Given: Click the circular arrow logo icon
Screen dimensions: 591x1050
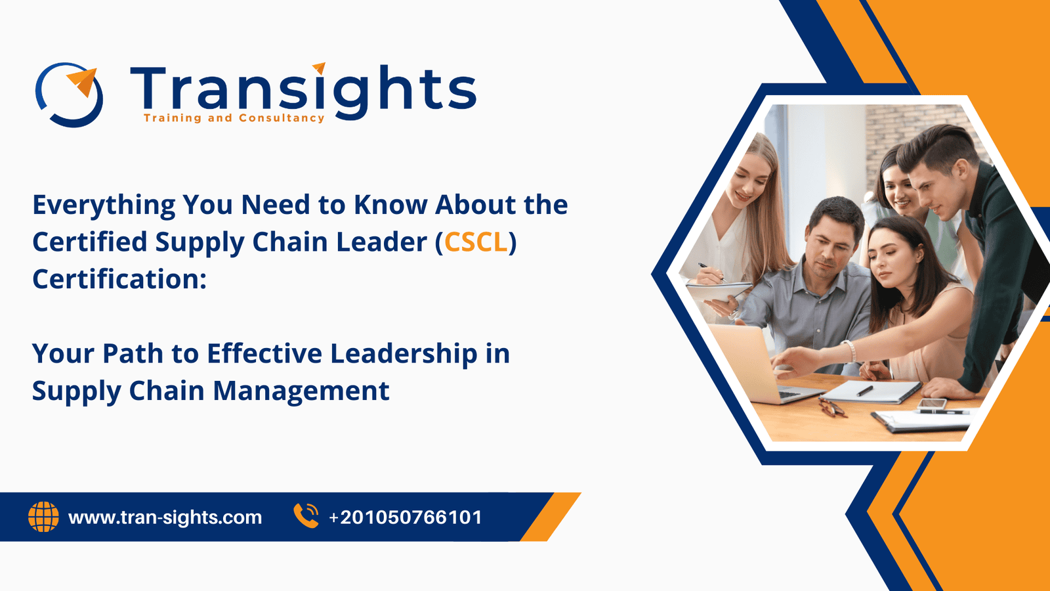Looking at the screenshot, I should [x=70, y=95].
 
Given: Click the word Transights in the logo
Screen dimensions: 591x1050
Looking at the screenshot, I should [x=303, y=91].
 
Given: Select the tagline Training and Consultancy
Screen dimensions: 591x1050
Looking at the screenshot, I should [x=234, y=118].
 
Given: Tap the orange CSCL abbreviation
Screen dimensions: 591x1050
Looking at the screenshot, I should [x=476, y=242].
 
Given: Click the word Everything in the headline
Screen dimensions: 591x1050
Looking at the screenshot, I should [x=104, y=206].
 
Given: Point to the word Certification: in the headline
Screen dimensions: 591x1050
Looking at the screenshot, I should [x=119, y=280].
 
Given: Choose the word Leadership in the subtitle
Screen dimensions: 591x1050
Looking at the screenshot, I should [x=404, y=354].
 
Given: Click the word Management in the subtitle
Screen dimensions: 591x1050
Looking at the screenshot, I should [x=301, y=391].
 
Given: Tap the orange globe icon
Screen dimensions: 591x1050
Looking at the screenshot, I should [x=43, y=517].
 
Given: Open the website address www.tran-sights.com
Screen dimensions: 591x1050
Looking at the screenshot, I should [x=165, y=517].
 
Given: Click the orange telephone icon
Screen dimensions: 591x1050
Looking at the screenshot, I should [x=306, y=516].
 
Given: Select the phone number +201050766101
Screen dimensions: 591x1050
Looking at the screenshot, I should [x=406, y=517].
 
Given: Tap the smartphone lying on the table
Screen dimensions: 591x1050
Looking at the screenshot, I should [x=931, y=403].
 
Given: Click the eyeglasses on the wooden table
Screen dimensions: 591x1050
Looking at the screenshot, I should [x=832, y=408].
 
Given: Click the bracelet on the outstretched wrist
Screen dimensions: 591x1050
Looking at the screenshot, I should [x=850, y=351].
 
